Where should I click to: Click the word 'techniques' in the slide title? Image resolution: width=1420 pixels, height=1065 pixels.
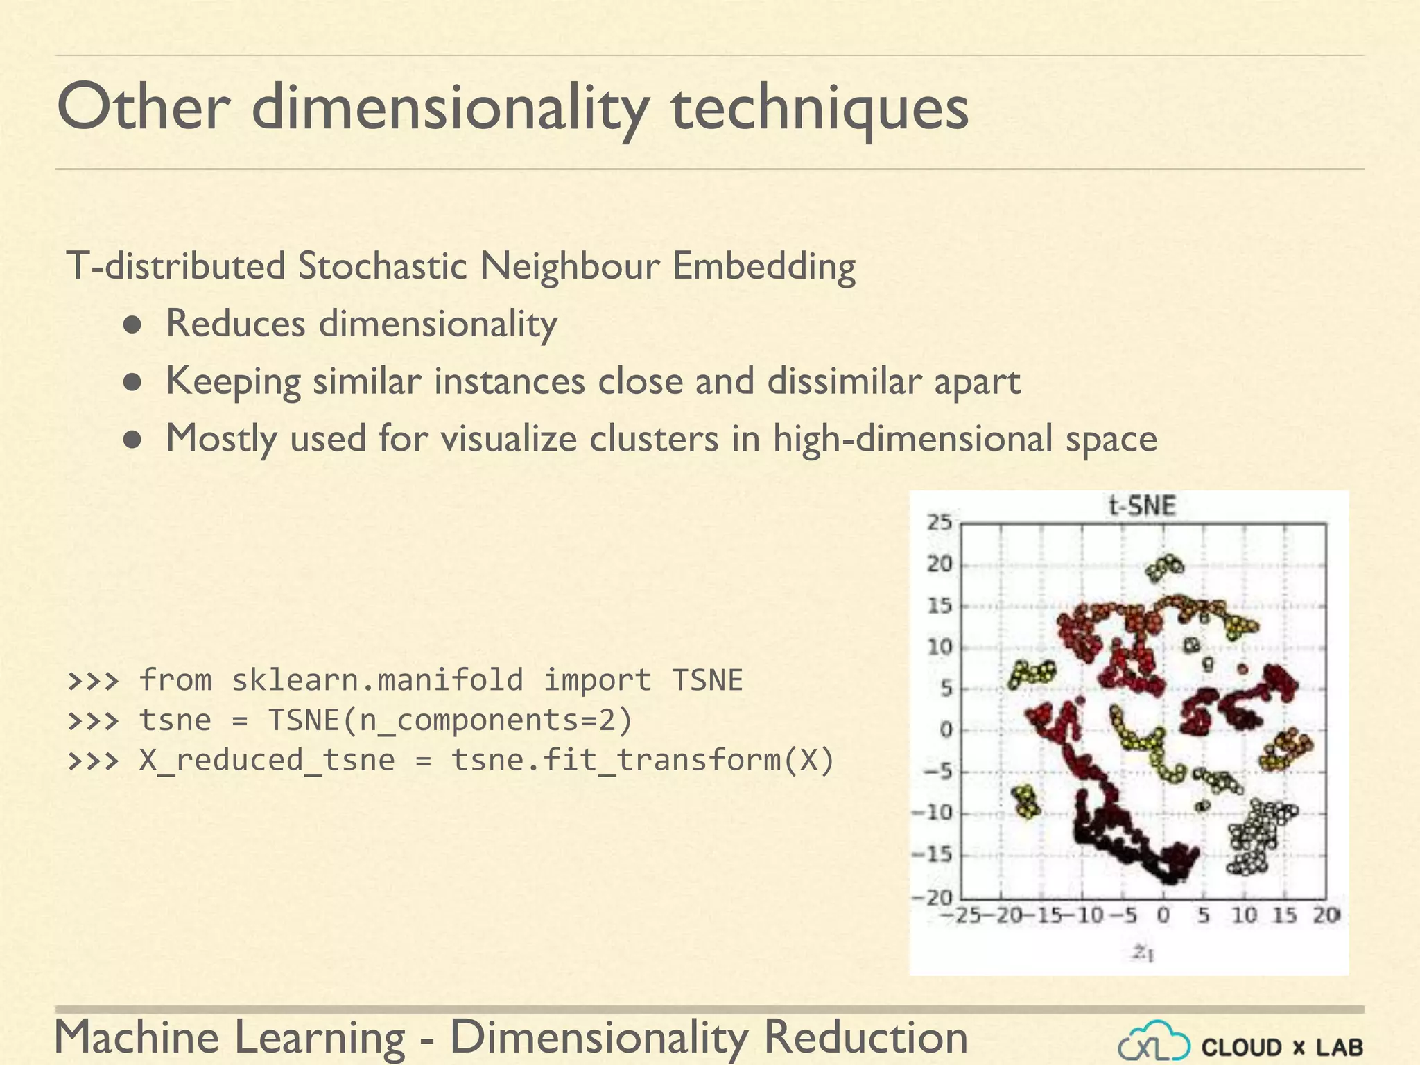(820, 110)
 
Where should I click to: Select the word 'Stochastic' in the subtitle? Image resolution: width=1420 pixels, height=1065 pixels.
(382, 266)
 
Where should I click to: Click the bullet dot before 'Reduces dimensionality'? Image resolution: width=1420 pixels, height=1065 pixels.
(133, 324)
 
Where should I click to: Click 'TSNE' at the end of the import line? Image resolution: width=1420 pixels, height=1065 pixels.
(707, 680)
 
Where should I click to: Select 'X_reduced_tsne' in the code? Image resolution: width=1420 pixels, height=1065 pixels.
(267, 761)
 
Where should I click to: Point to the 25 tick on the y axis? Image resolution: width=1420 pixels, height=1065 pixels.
(940, 522)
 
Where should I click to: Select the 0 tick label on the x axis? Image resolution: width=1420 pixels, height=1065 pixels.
(1163, 915)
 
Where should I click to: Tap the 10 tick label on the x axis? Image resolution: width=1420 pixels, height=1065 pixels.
(1244, 915)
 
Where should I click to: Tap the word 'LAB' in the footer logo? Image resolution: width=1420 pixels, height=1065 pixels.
(1340, 1047)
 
